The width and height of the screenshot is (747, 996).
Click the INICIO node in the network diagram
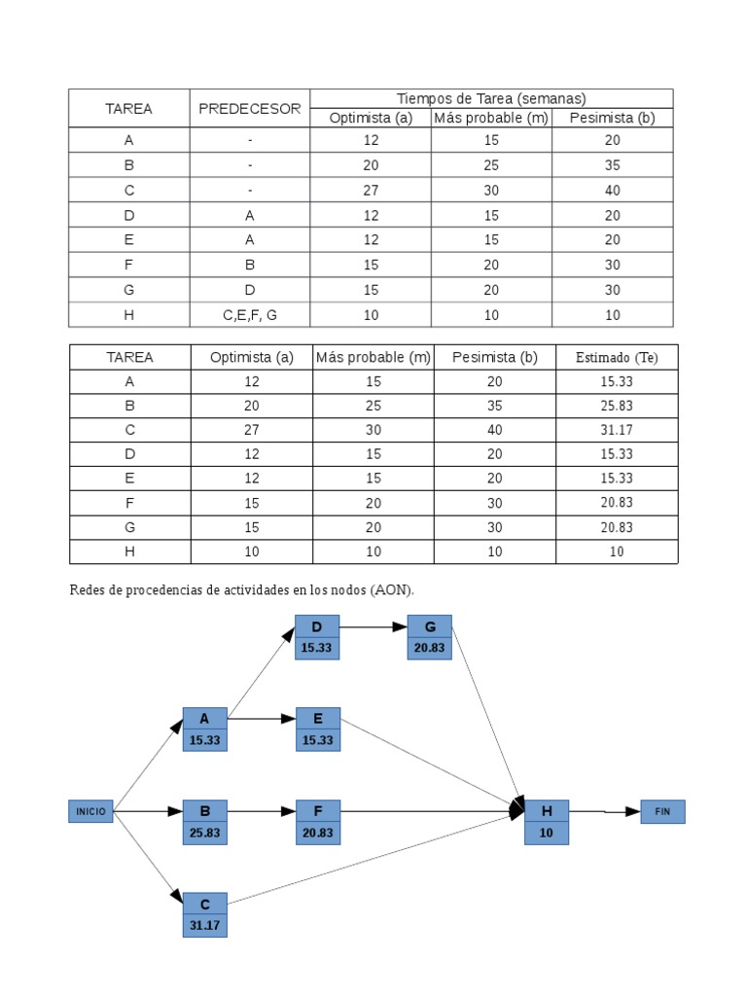(91, 811)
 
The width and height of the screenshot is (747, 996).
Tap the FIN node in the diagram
(662, 811)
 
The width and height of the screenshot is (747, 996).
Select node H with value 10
(546, 821)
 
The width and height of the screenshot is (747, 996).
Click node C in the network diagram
(204, 914)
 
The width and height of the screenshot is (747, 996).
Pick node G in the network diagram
(429, 637)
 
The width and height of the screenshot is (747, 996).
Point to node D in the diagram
(317, 637)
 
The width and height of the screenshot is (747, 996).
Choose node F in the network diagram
(318, 821)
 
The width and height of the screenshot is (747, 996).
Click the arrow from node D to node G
(373, 627)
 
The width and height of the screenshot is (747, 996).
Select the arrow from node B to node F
(262, 811)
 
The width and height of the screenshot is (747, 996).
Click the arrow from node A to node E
(262, 720)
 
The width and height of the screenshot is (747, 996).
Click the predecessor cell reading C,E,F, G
(250, 315)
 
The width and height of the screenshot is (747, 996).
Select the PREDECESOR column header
(250, 109)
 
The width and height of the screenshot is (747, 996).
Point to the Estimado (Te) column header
(617, 358)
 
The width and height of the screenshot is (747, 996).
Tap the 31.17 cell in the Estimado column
(617, 430)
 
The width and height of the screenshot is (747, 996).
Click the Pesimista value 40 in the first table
(613, 191)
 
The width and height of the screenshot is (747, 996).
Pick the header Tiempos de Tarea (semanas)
(491, 98)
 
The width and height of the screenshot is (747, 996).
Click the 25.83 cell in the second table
(617, 406)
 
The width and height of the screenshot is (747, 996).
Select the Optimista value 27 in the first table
(371, 191)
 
